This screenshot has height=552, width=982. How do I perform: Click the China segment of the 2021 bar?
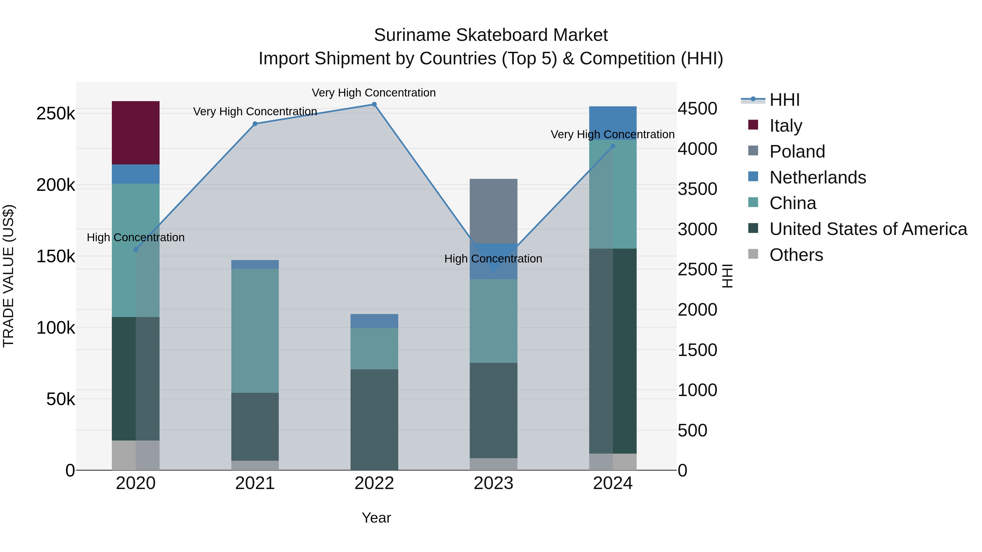point(255,330)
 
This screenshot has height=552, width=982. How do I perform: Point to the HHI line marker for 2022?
point(374,104)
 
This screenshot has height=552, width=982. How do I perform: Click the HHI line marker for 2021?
point(255,124)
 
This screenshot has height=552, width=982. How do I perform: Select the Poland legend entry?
point(797,152)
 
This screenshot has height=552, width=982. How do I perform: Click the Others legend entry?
point(796,255)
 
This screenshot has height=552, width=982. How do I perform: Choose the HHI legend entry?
point(784,100)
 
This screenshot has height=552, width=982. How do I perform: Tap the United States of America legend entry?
point(868,229)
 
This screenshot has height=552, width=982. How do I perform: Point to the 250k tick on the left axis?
point(56,113)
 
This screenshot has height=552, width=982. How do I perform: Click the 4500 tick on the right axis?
point(697,108)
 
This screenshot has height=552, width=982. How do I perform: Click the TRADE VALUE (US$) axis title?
point(8,276)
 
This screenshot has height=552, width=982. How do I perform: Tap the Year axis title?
point(376,518)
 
